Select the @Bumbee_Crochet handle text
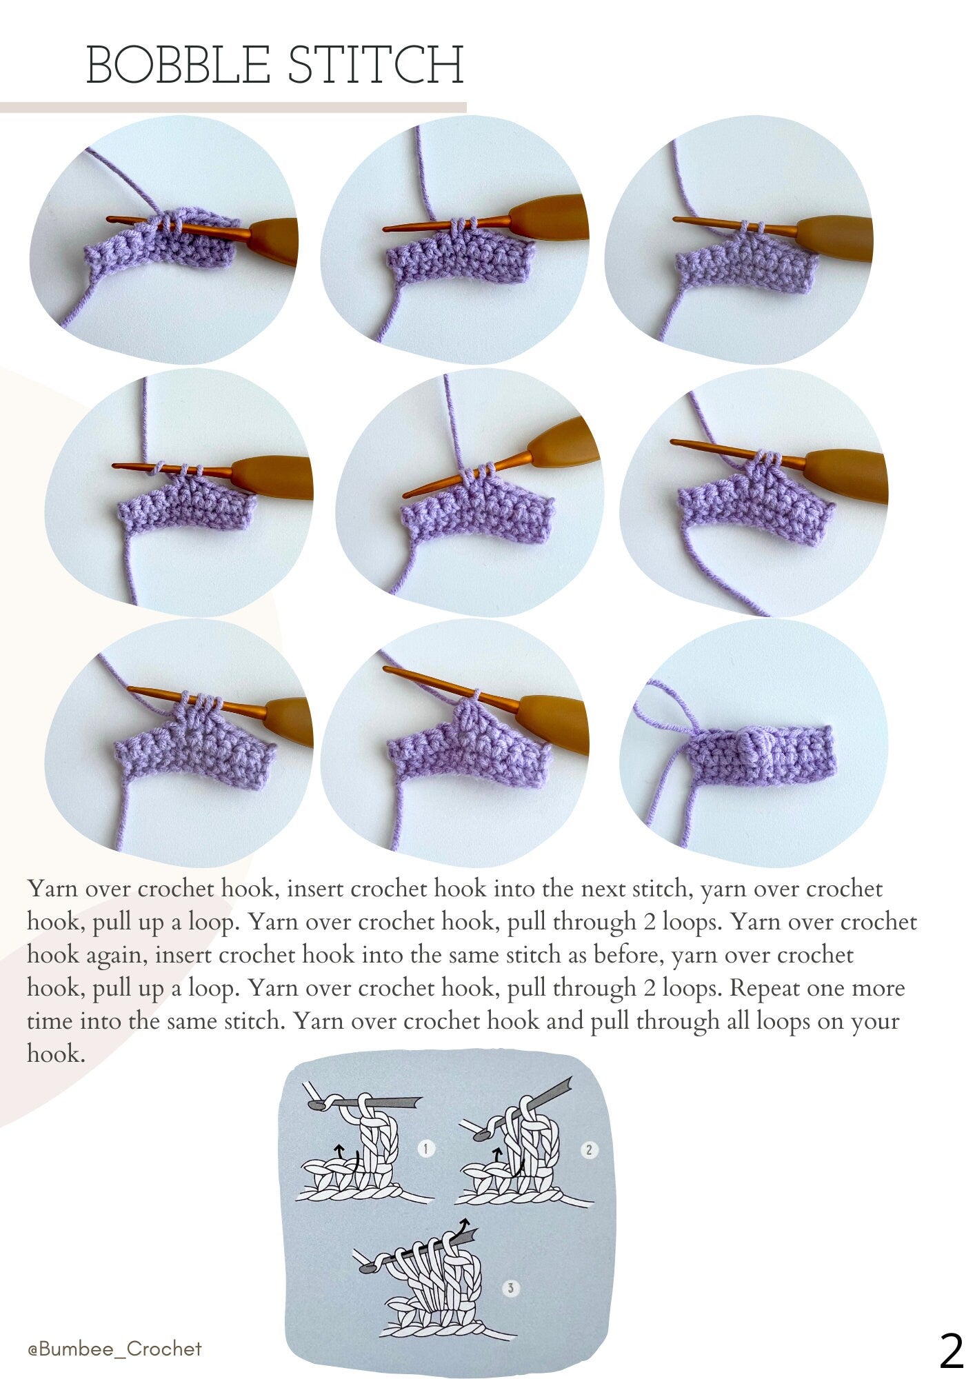click(114, 1349)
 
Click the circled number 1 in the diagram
click(426, 1149)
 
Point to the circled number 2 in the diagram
click(589, 1149)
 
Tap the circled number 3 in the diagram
click(511, 1288)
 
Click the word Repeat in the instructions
click(764, 988)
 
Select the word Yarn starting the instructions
click(52, 888)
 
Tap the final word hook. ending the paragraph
click(56, 1054)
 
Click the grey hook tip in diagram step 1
click(318, 1104)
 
